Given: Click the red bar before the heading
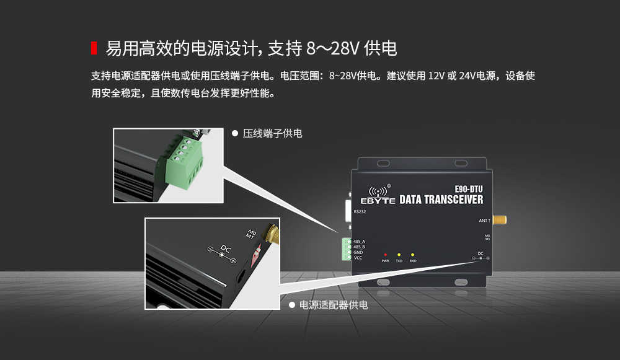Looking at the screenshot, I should (94, 48).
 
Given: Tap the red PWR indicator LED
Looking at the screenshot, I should (385, 255).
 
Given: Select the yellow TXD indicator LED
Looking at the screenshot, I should (399, 255).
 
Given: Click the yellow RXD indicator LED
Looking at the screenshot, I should (412, 255).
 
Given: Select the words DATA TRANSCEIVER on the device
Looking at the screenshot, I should (441, 200).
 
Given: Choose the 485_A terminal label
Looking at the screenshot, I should (359, 241).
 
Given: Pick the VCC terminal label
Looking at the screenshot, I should (358, 257).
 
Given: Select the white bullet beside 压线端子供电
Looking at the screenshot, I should (234, 133).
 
